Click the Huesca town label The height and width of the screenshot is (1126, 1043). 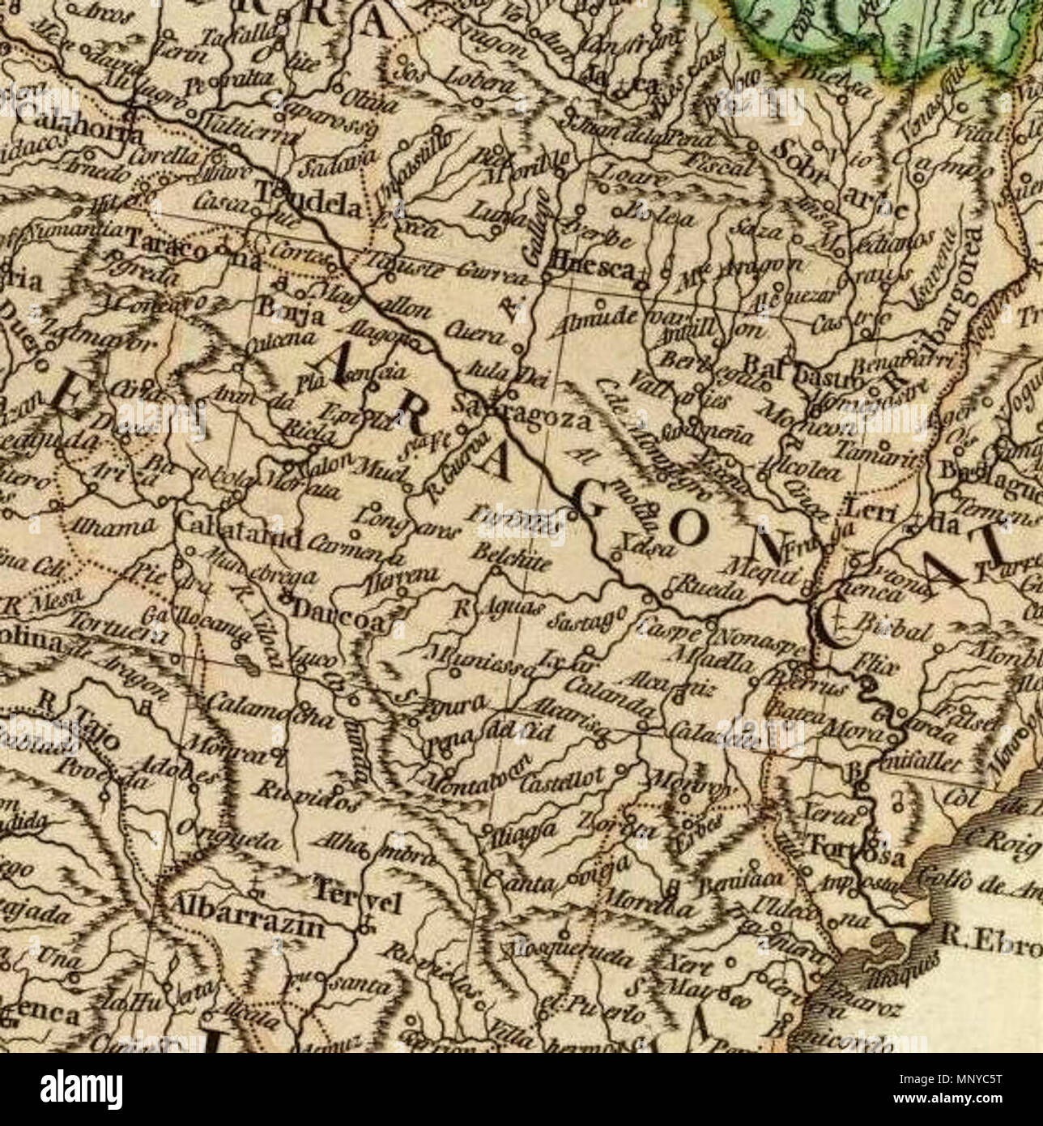tap(592, 269)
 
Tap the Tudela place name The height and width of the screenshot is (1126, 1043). tap(308, 208)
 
